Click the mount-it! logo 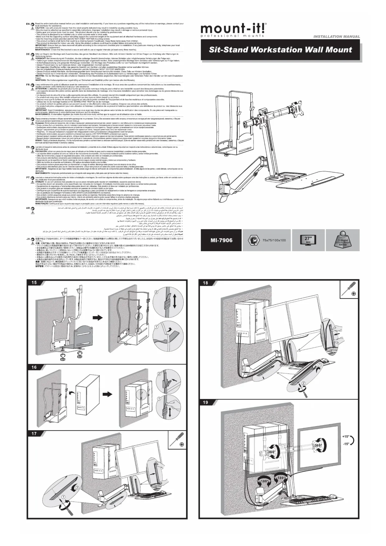tap(233, 30)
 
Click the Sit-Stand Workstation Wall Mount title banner tap(280, 50)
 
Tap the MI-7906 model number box tap(221, 240)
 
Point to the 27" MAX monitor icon tap(308, 240)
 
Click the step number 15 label tap(34, 283)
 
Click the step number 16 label tap(34, 367)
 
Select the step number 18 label tap(205, 283)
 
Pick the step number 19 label tap(205, 402)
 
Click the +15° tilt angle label tap(346, 436)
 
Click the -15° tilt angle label tap(346, 444)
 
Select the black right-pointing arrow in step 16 tap(107, 394)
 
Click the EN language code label tap(28, 24)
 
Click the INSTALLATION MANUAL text tap(337, 36)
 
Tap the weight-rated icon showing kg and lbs tap(342, 240)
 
